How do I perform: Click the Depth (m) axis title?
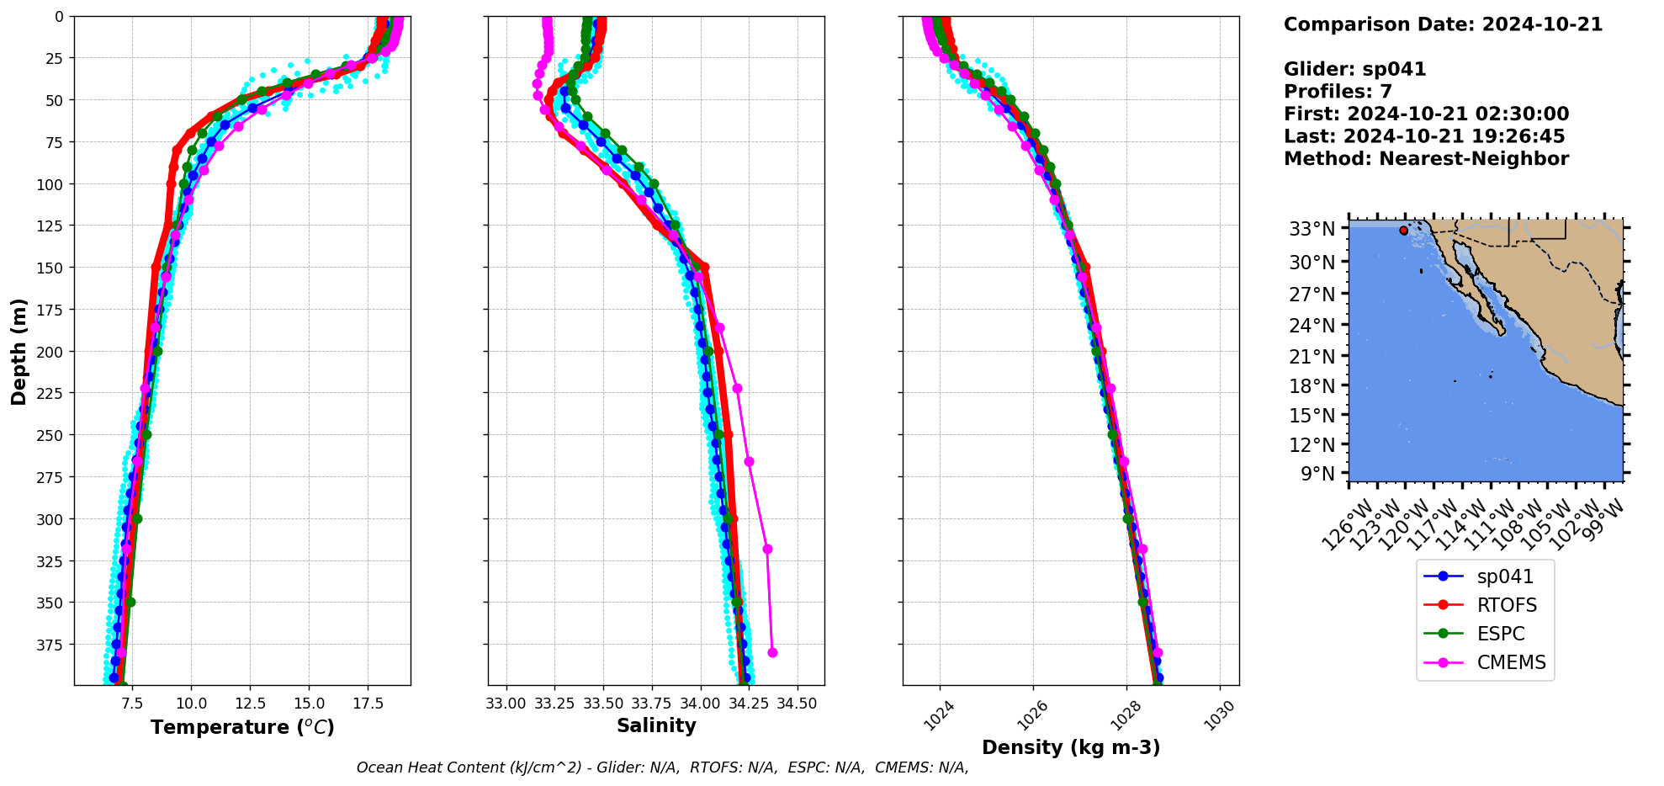pyautogui.click(x=19, y=351)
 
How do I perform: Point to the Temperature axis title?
pyautogui.click(x=242, y=727)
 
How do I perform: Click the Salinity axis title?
pyautogui.click(x=656, y=725)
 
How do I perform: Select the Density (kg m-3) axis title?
pyautogui.click(x=1071, y=747)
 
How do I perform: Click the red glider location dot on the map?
pyautogui.click(x=1403, y=230)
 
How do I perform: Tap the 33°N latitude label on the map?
pyautogui.click(x=1312, y=229)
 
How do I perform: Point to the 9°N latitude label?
pyautogui.click(x=1318, y=474)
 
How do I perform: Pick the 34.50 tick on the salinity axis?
pyautogui.click(x=797, y=703)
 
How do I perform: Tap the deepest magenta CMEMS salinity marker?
pyautogui.click(x=772, y=652)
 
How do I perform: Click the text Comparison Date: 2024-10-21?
pyautogui.click(x=1443, y=24)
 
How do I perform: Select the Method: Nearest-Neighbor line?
pyautogui.click(x=1426, y=159)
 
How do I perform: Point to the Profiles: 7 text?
pyautogui.click(x=1338, y=92)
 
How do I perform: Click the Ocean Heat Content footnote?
pyautogui.click(x=662, y=767)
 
